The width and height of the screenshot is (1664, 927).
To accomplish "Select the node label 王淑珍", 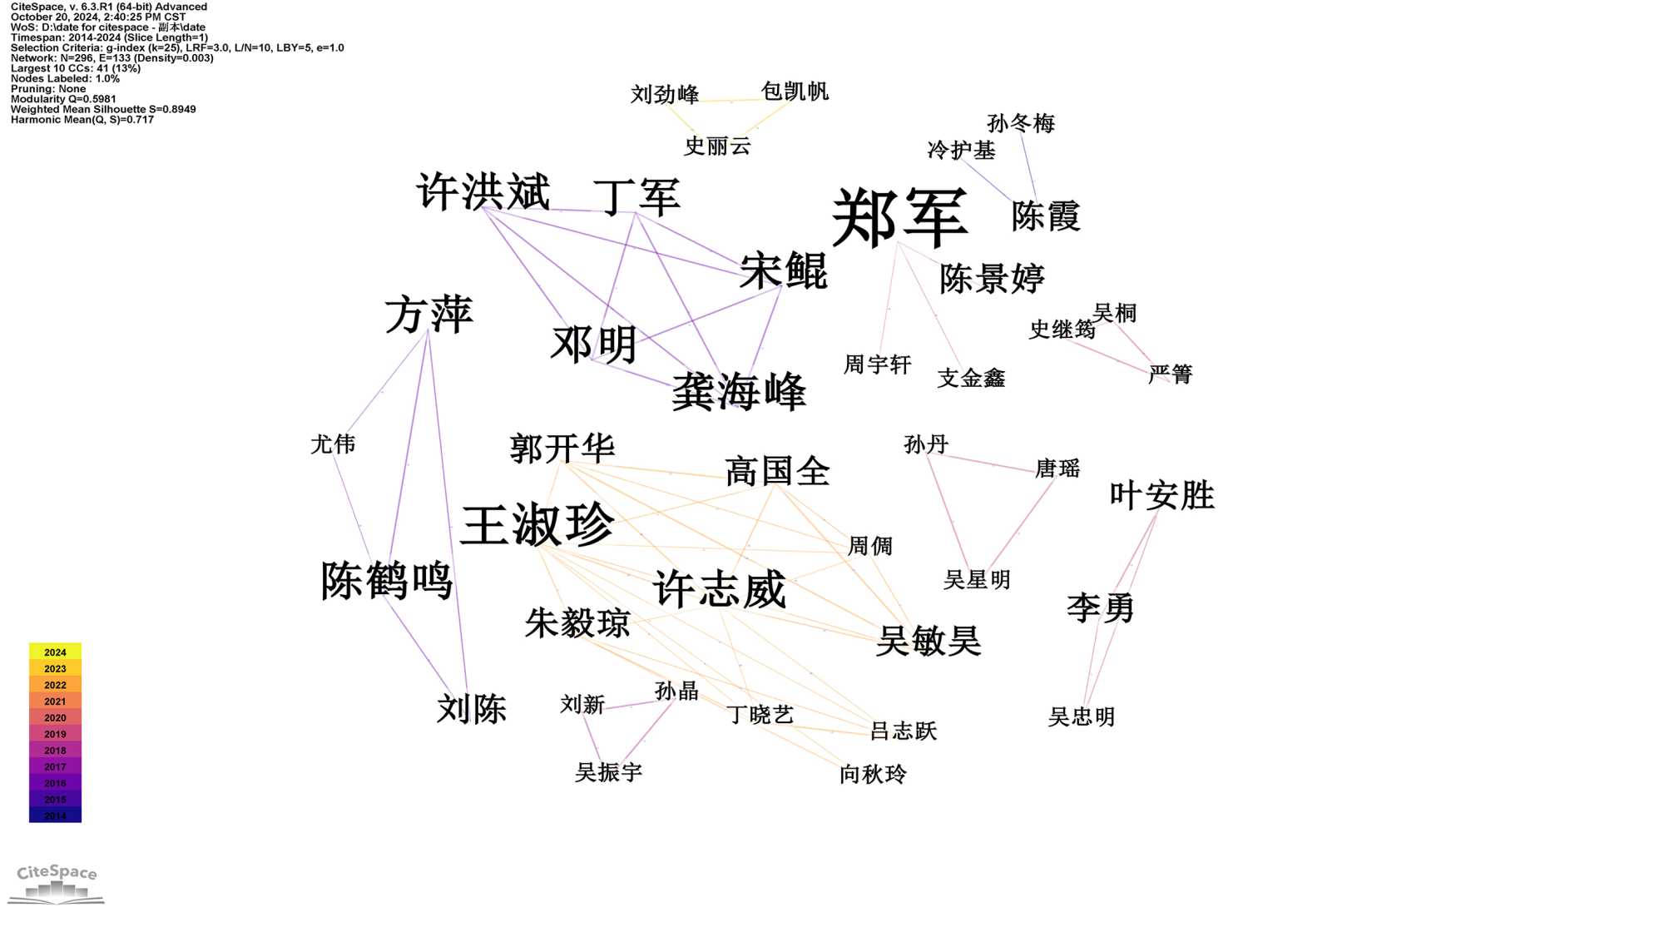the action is click(537, 524).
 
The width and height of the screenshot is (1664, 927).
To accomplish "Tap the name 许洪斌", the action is click(483, 191).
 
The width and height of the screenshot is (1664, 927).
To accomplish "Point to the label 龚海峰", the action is click(739, 391).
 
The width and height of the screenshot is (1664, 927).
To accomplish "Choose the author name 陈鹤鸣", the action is click(387, 580).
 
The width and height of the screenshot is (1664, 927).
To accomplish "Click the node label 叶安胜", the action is click(1161, 496).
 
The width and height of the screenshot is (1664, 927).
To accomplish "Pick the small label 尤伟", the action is click(333, 444).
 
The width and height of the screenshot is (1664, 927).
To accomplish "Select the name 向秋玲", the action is click(873, 775).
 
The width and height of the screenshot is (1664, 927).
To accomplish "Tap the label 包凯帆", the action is click(795, 92).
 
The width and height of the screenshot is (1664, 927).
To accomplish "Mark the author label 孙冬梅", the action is click(1021, 124).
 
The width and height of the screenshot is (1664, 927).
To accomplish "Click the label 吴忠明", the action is click(1081, 717).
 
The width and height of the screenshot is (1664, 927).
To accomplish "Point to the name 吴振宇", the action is click(608, 773).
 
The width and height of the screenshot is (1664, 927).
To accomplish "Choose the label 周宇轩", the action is click(877, 364).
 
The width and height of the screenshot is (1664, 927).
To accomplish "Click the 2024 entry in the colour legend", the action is click(55, 652).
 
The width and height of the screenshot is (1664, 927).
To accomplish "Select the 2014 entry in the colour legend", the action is click(55, 815).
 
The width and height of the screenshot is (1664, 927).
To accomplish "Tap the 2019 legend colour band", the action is click(55, 734).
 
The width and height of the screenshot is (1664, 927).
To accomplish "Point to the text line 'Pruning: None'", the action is click(48, 89).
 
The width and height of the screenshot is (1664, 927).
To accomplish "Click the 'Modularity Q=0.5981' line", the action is click(63, 99).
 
